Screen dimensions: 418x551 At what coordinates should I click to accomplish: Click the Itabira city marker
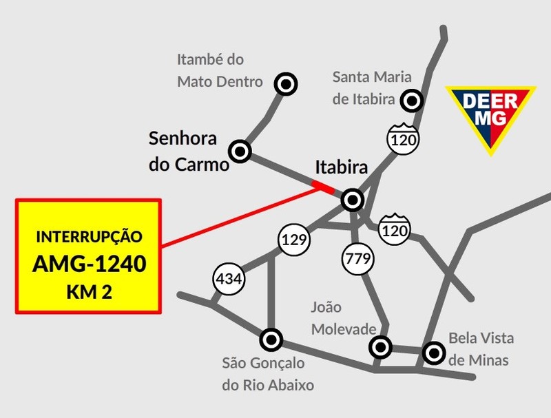point(353,200)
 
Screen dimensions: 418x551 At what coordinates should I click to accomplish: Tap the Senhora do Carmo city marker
point(240,150)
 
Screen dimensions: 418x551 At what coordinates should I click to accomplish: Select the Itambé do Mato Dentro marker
point(285,84)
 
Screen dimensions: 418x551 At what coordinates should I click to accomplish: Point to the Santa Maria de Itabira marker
point(412,101)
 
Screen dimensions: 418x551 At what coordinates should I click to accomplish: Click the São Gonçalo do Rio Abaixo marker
point(271,339)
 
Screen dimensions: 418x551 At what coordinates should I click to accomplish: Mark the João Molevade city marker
point(380,347)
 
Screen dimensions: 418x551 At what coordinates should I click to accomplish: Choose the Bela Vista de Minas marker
point(433,353)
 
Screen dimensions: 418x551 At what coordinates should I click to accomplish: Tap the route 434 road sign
point(229,280)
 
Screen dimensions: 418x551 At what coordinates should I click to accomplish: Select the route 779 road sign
point(357,260)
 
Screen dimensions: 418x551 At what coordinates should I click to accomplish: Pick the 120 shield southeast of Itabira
point(395,229)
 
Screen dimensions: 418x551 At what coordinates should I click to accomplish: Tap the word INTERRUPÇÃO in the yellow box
point(89,237)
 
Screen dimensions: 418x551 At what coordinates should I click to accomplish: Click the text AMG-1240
point(89,264)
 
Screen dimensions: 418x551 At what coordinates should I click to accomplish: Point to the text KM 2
point(89,292)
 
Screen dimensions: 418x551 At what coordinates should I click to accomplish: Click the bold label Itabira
point(342,167)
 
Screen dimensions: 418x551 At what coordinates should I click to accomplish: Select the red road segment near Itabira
point(323,186)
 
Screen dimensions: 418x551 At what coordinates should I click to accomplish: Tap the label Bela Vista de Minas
point(479,349)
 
